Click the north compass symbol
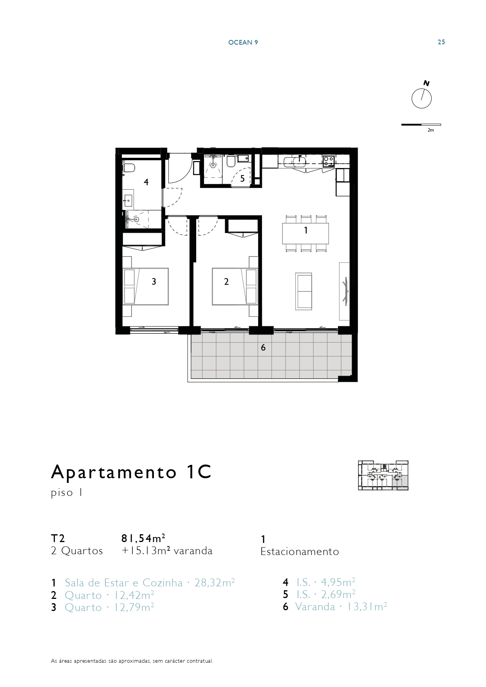coord(421,98)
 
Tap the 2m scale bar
coord(421,125)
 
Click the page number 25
coord(441,42)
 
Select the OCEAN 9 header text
coord(243,42)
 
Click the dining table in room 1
coord(305,233)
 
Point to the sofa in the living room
coord(304,291)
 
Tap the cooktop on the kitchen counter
coord(329,161)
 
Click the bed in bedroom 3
coord(146,286)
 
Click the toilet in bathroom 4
coord(128,168)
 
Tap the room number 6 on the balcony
coord(263,347)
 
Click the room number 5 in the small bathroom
coord(242,179)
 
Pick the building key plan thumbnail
coord(383,475)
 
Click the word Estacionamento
coord(300,551)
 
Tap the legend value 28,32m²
coord(215,583)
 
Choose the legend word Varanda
coord(315,607)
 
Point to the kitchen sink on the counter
coord(300,161)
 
